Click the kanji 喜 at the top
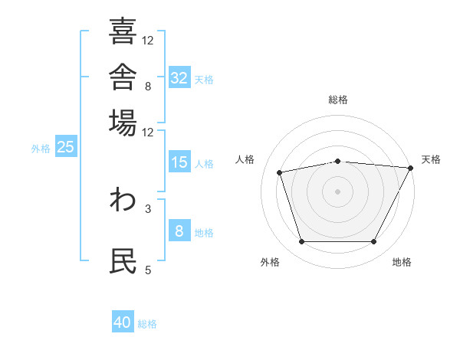click(123, 31)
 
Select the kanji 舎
click(123, 77)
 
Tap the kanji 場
click(123, 123)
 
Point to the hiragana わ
click(123, 199)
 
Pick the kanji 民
click(123, 260)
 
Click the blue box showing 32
click(179, 77)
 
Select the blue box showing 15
click(179, 162)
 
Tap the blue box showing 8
click(179, 230)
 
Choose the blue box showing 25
click(66, 146)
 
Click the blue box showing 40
click(123, 321)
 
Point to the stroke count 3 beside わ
click(148, 209)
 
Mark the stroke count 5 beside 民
click(148, 270)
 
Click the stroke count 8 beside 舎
click(148, 87)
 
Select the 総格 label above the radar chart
click(338, 100)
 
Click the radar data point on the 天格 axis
click(411, 168)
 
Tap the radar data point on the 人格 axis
click(279, 172)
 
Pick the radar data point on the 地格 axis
click(373, 241)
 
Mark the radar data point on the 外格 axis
click(302, 241)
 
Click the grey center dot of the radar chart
click(337, 191)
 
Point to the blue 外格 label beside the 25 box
click(41, 149)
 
